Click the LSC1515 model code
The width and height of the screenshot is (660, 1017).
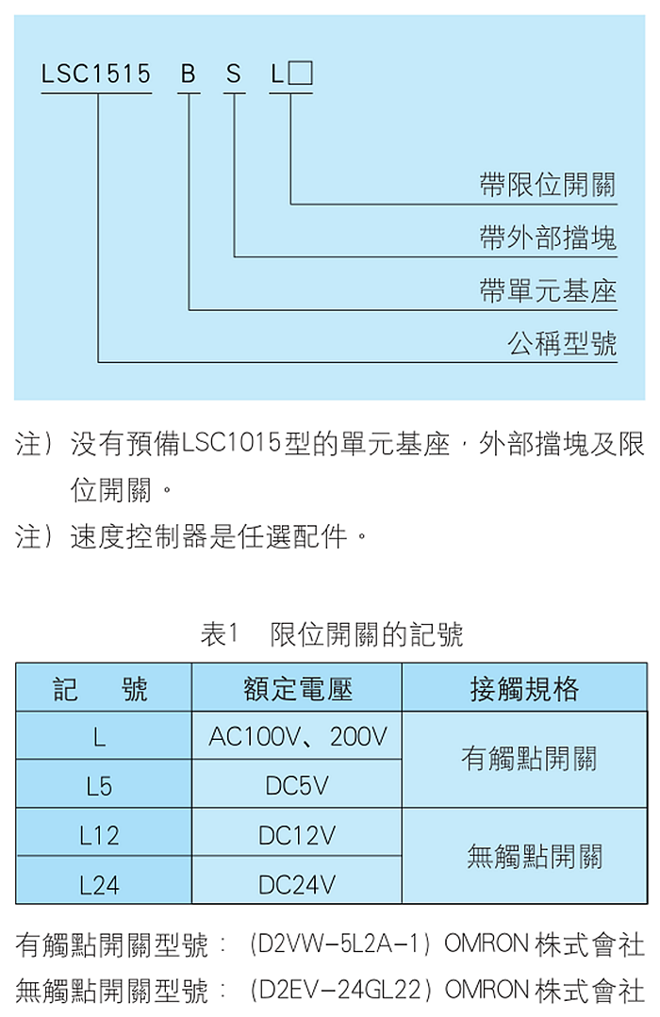coord(96,74)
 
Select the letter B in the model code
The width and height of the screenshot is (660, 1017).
coord(189,74)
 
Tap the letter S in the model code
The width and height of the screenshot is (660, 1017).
coord(234,74)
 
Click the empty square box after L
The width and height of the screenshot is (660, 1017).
coord(300,74)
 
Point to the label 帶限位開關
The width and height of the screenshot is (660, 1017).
coord(548,185)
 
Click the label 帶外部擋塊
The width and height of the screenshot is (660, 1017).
coord(548,238)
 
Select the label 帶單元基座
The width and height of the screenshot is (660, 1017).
coord(548,290)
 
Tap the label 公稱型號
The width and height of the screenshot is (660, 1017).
coord(562,343)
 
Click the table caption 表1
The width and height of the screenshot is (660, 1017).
coord(220,633)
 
